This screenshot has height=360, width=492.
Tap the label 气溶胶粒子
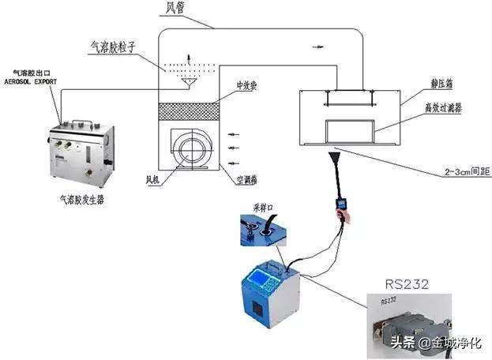116,47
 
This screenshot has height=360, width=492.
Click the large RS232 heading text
406,283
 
